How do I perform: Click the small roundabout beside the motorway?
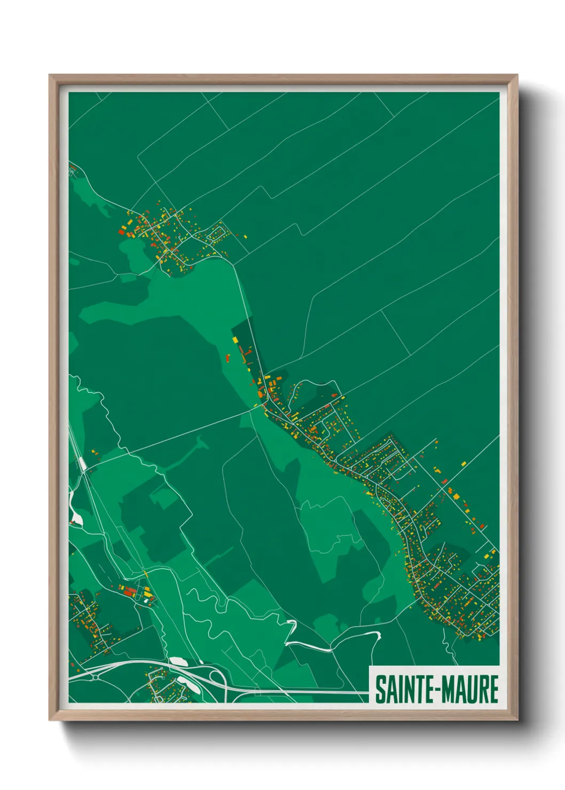[95, 677]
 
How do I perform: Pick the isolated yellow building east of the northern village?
[245, 235]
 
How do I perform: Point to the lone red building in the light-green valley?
[227, 358]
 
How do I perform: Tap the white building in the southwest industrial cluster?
[145, 600]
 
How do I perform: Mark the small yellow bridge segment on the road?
[145, 574]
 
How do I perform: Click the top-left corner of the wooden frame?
[50, 75]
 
